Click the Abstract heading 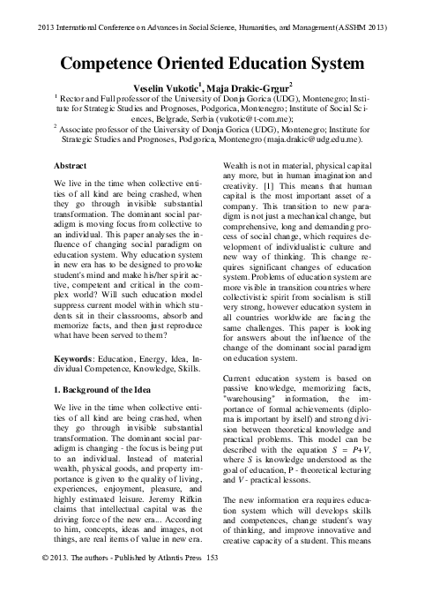coord(71,165)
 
